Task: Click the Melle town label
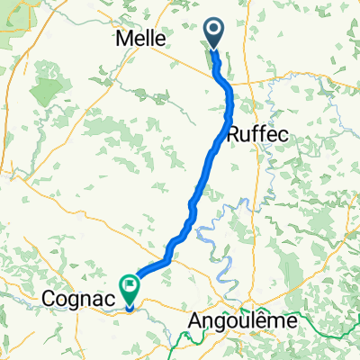click(140, 39)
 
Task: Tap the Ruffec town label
click(258, 133)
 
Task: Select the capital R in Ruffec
click(236, 133)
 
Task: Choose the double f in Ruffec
click(259, 133)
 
